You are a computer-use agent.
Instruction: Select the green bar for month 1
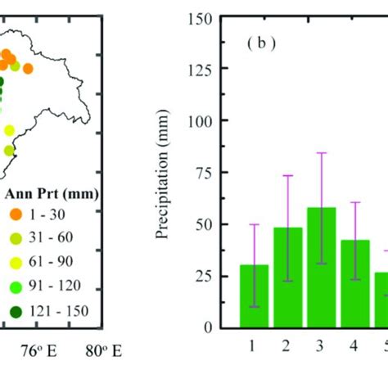point(254,296)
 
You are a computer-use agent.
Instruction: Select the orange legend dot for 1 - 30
point(16,214)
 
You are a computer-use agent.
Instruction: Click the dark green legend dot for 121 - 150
point(16,312)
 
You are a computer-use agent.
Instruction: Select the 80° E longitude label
point(105,350)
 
